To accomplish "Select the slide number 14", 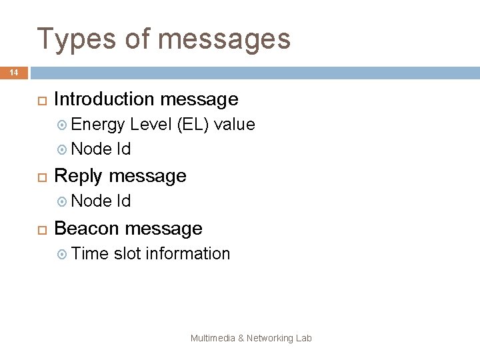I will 14,73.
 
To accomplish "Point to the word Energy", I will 98,124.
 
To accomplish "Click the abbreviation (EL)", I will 193,124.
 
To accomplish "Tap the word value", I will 234,124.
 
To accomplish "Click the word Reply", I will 78,176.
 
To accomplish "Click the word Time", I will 90,253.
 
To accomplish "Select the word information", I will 188,253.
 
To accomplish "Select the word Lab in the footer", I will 304,338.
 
